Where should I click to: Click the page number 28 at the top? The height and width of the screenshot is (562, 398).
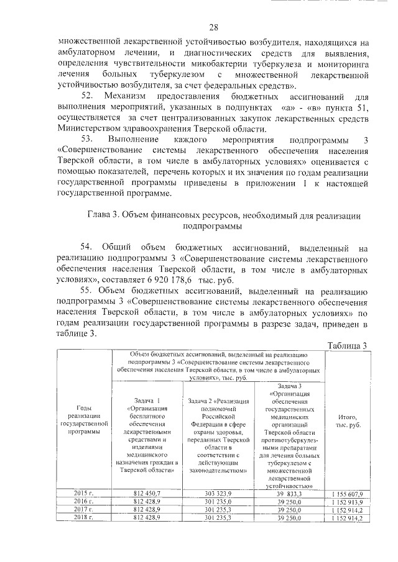214,27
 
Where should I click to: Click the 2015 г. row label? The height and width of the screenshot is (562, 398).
81,492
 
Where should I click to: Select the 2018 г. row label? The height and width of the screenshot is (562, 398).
81,517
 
